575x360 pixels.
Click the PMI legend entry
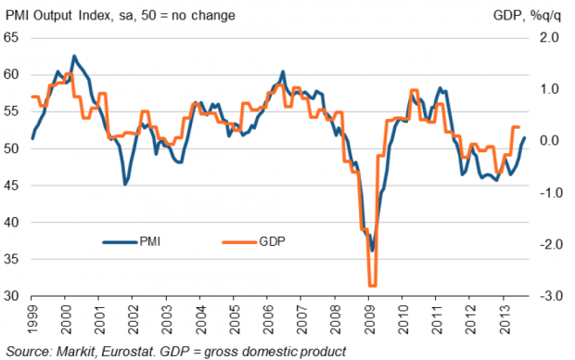coord(132,242)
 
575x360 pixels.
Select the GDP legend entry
coord(253,242)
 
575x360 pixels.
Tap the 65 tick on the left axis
coord(11,37)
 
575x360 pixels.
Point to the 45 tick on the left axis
coord(11,186)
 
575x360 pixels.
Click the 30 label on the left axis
coord(11,296)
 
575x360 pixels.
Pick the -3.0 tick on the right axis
coord(549,296)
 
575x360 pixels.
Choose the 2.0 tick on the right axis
coord(549,37)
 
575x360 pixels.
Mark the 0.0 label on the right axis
coord(549,140)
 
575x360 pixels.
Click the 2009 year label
coord(370,319)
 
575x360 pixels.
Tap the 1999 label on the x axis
coord(32,319)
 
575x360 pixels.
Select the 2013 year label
coord(505,319)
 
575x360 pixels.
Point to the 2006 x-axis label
coord(269,319)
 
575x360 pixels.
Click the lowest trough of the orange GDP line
coord(372,285)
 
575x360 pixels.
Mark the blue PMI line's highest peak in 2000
coord(74,56)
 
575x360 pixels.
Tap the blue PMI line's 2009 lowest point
coord(372,251)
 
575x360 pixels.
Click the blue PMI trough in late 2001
coord(125,184)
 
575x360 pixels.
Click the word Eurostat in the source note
coord(129,352)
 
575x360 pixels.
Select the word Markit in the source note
coord(77,352)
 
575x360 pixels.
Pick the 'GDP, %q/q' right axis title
coord(527,16)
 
